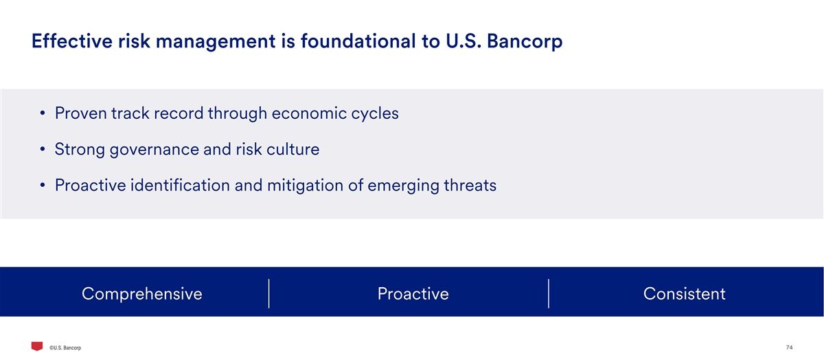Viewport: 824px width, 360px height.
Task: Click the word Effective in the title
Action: pos(71,41)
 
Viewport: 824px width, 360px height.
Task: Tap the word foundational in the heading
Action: pos(358,41)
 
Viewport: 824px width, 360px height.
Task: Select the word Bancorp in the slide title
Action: pos(525,42)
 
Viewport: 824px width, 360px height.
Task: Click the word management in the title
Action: pos(216,42)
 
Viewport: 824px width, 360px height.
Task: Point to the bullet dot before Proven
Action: pos(43,113)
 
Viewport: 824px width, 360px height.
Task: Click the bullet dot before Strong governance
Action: pos(43,149)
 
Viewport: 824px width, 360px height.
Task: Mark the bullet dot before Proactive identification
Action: pos(43,185)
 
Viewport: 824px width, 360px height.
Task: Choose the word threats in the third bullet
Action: pos(470,185)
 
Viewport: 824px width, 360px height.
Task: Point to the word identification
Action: pos(180,185)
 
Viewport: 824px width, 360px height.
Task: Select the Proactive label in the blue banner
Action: pos(413,294)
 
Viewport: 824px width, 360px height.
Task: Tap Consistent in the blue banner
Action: pos(684,294)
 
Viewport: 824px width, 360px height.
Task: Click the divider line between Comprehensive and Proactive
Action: pos(269,293)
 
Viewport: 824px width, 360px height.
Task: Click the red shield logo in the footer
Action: pos(37,346)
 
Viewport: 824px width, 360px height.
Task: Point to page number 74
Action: pos(790,348)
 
